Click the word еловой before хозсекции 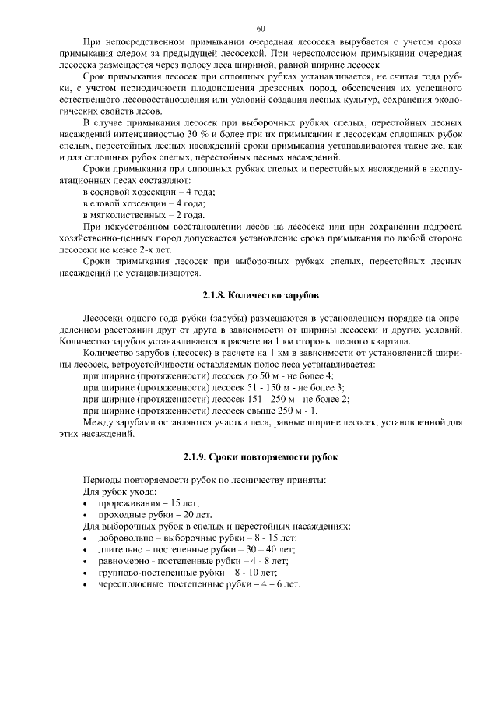[111, 203]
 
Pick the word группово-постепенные [145, 573]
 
